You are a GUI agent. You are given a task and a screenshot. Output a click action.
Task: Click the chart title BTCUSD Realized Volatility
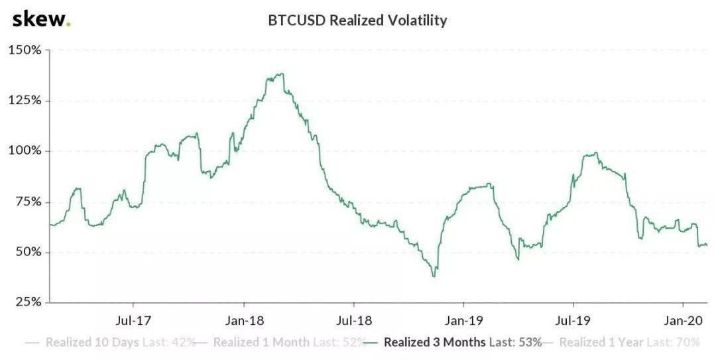(x=357, y=21)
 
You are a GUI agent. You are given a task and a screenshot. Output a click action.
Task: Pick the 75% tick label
(x=27, y=202)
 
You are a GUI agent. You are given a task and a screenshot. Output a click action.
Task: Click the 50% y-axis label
(x=27, y=252)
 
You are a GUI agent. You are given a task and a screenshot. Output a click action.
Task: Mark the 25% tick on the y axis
(x=27, y=302)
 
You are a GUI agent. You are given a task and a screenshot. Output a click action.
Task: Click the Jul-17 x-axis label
(x=135, y=321)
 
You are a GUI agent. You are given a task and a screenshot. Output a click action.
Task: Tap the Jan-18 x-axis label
(x=245, y=321)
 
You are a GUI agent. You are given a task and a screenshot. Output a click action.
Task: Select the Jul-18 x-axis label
(x=355, y=321)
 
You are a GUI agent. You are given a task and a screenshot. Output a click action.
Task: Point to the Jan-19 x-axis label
(x=464, y=321)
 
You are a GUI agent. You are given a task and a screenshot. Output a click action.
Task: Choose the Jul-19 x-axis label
(x=573, y=321)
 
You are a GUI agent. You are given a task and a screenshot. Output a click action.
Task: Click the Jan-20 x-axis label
(x=684, y=321)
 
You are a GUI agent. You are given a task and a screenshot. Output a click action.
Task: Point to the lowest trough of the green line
(x=434, y=276)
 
